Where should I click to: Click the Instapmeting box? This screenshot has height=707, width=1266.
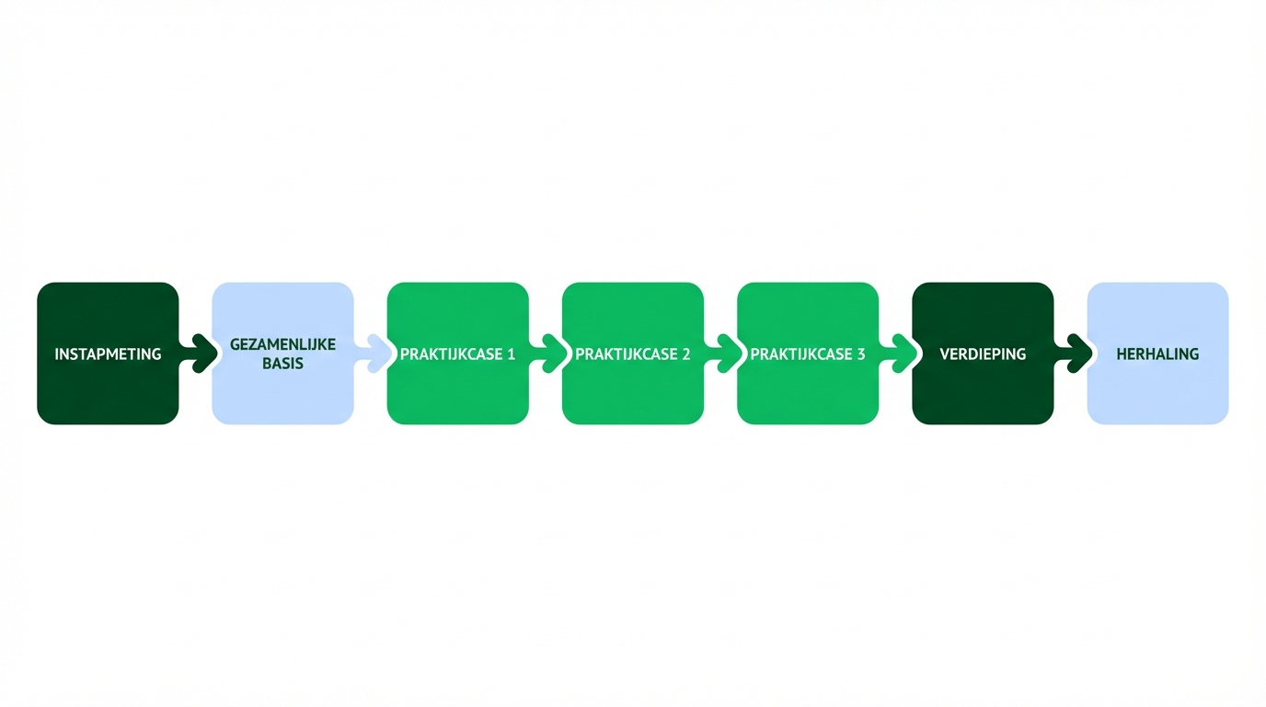click(x=108, y=353)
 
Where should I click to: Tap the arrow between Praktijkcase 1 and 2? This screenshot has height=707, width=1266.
click(x=550, y=353)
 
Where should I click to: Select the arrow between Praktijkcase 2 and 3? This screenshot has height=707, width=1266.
click(x=725, y=353)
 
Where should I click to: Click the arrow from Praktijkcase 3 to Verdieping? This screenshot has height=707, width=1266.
click(x=901, y=353)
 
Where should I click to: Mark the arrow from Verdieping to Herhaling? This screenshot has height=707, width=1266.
click(x=1075, y=353)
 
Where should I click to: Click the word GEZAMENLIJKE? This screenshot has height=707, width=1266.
click(x=282, y=344)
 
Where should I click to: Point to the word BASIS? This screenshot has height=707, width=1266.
click(x=282, y=364)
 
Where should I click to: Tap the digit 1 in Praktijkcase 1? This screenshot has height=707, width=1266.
click(x=511, y=353)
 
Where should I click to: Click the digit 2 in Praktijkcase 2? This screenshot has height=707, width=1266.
click(x=685, y=353)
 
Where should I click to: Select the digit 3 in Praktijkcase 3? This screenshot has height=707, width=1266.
click(x=860, y=353)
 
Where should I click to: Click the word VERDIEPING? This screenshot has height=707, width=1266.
click(x=983, y=353)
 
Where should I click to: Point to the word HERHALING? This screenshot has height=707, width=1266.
click(x=1157, y=353)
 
